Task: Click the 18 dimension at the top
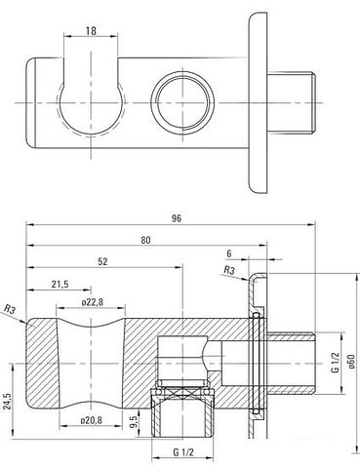(x=92, y=31)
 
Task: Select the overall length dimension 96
(x=177, y=218)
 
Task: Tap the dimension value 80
(x=145, y=240)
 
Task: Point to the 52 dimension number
(x=102, y=261)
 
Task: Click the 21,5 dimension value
(x=60, y=284)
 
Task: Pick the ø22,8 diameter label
(x=93, y=302)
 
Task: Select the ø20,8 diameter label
(x=91, y=420)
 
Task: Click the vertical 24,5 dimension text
(x=8, y=403)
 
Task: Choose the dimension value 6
(x=229, y=253)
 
